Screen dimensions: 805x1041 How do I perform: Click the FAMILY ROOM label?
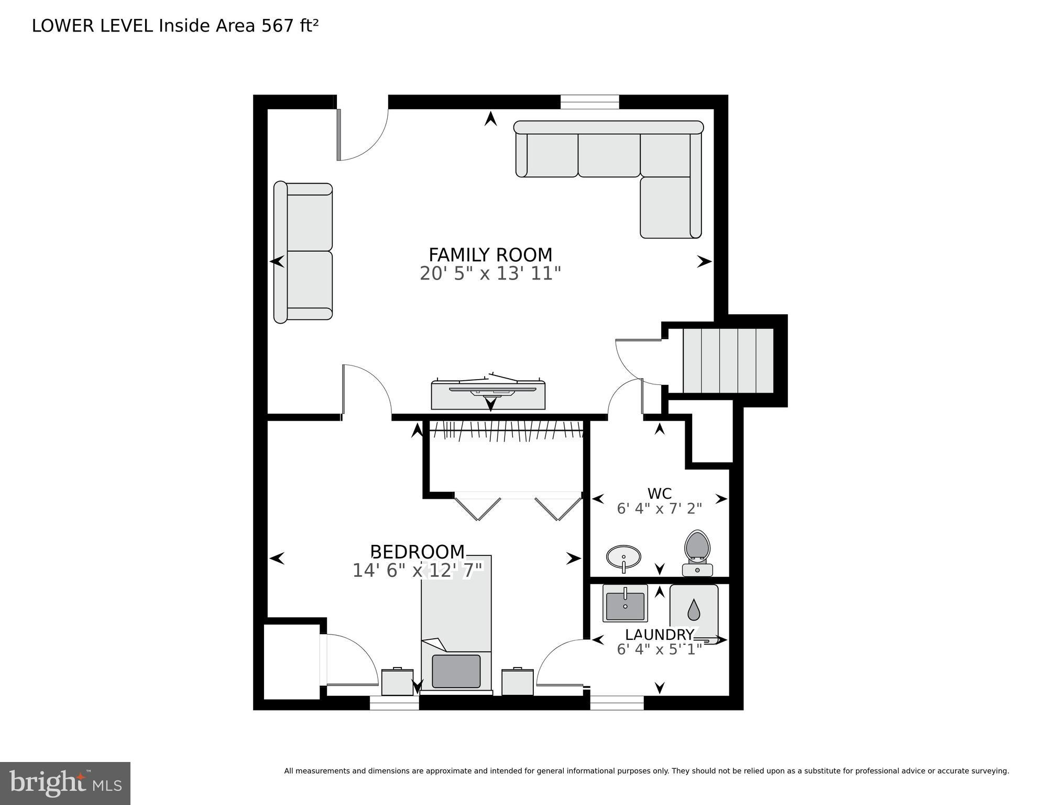[490, 255]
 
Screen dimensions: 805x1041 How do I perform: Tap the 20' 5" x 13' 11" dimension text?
[490, 274]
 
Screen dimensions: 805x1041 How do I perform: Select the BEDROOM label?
[418, 552]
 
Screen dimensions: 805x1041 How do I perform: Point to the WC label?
[659, 493]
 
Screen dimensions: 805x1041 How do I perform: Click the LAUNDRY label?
[659, 635]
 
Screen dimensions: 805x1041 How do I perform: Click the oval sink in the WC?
[623, 557]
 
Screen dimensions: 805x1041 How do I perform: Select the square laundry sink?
[625, 604]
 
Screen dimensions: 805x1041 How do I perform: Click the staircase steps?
[728, 360]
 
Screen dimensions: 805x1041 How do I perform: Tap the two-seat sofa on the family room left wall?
[303, 252]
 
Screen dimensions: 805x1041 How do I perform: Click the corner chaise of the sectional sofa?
[670, 207]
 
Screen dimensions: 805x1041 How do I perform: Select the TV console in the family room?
[488, 395]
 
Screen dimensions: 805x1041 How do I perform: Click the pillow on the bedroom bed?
[456, 671]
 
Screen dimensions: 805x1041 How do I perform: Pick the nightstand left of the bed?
[397, 681]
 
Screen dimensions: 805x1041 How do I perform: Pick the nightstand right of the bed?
[517, 681]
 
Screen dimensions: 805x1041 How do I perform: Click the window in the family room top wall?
[589, 102]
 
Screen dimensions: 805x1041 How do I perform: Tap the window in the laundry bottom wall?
[617, 703]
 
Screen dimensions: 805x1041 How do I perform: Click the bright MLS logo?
[65, 783]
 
